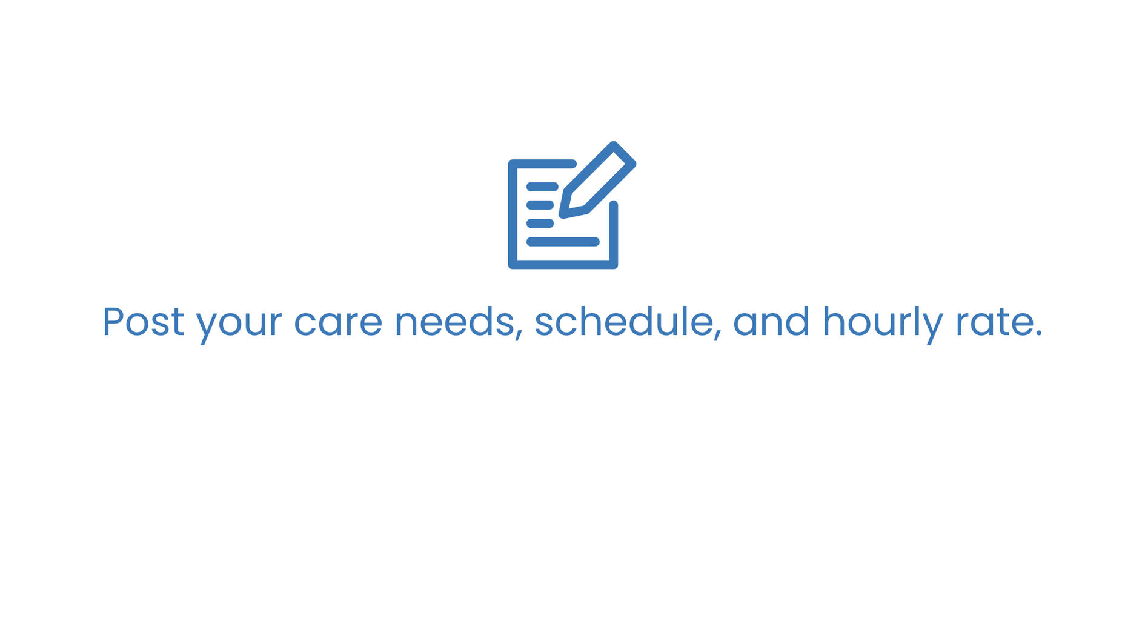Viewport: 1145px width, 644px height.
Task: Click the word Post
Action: coord(143,322)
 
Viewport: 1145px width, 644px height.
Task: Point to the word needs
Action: coord(454,322)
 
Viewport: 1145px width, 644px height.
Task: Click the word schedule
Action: coord(624,321)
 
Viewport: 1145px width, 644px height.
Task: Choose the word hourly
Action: coord(882,324)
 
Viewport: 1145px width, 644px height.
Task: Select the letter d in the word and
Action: coord(797,321)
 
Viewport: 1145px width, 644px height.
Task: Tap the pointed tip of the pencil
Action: coord(563,214)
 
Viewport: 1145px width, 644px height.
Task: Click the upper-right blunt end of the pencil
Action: coord(624,153)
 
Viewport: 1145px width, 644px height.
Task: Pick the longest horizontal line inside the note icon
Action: coord(563,242)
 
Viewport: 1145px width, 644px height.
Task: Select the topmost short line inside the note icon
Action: coord(542,187)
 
